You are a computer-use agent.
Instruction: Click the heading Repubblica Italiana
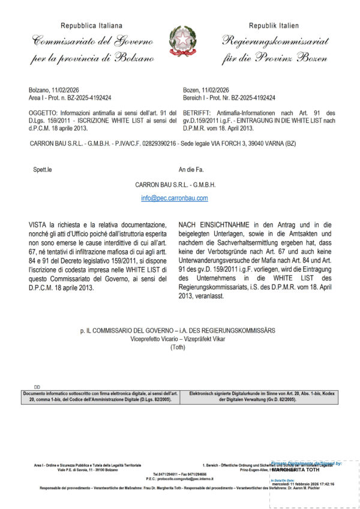[91, 26]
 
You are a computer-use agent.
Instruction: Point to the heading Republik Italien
[274, 26]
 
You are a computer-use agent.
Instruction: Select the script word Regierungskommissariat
[274, 41]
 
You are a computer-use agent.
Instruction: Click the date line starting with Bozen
[206, 89]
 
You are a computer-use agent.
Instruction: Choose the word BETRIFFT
[197, 113]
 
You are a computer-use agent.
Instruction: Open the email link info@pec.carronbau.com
[175, 197]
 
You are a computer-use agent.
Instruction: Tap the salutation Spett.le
[43, 170]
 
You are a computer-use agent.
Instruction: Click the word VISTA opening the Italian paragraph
[37, 224]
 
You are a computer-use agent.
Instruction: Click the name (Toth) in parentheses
[178, 347]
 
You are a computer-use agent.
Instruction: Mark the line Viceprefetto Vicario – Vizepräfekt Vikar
[178, 339]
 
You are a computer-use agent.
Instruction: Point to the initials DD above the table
[37, 387]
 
